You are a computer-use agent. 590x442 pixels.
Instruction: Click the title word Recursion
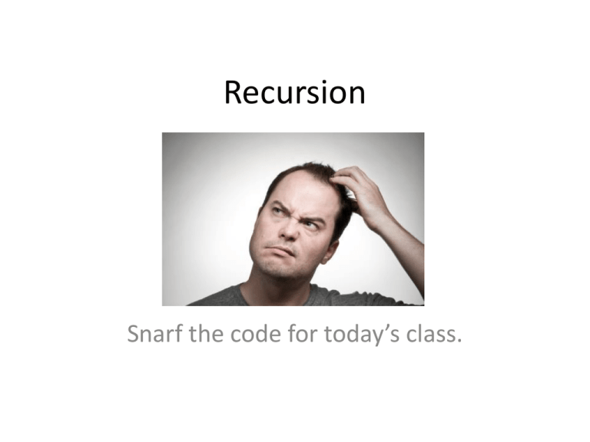coord(295,94)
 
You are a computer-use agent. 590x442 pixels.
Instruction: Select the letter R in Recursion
coord(234,94)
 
